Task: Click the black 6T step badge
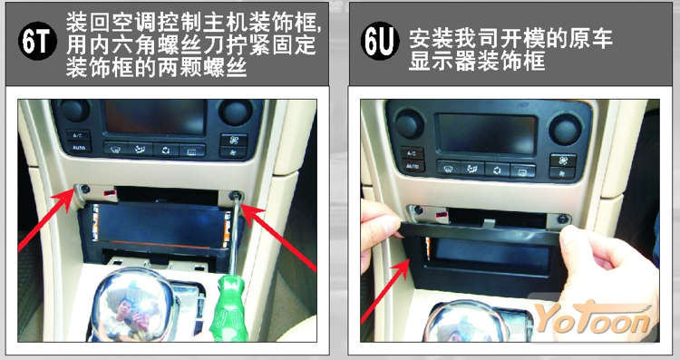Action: point(37,42)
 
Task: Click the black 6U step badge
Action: point(380,42)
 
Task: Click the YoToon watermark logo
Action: point(594,319)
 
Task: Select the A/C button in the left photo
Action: point(78,135)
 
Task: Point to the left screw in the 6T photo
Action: point(85,190)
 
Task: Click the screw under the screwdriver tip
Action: point(237,196)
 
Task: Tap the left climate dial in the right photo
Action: point(409,124)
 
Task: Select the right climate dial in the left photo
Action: point(236,112)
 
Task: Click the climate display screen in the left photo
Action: point(154,116)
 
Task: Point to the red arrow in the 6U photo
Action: point(385,290)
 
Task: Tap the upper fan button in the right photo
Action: point(563,161)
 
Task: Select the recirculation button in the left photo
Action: point(166,150)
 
